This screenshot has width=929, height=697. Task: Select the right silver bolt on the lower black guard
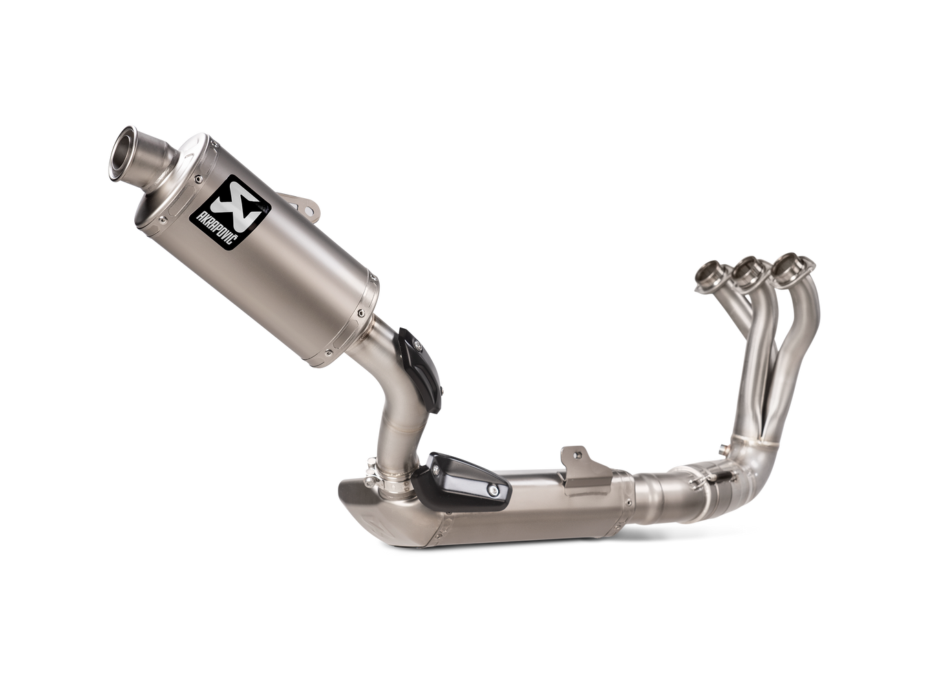point(494,491)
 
